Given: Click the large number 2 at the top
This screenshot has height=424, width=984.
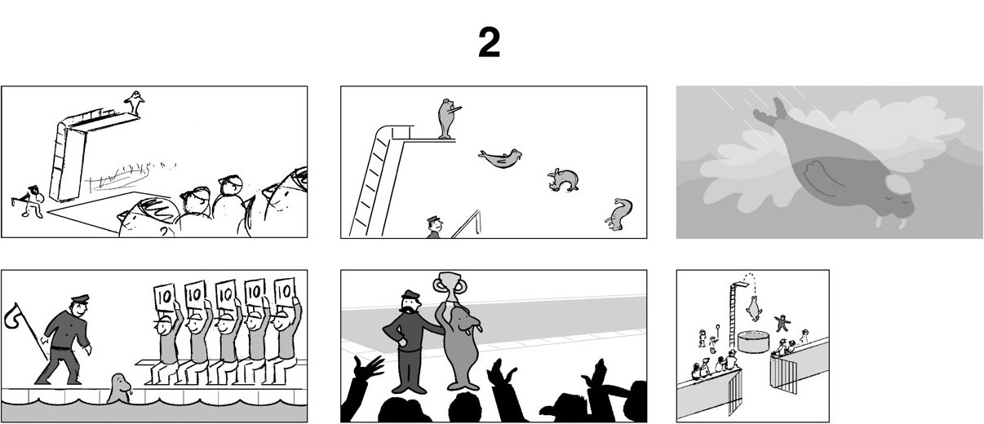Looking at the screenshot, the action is [x=490, y=42].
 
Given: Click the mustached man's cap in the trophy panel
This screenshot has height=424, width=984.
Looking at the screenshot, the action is [x=410, y=294].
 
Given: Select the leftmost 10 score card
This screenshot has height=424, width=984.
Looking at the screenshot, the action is [x=165, y=297].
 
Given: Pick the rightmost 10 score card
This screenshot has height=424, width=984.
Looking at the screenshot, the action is [x=284, y=291].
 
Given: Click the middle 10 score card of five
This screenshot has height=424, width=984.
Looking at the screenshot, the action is [x=225, y=294].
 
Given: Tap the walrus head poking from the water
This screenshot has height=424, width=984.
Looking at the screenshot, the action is [x=119, y=388].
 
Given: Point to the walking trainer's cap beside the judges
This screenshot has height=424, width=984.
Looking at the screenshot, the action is [x=80, y=299].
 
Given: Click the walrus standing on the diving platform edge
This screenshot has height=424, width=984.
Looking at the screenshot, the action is [x=447, y=118].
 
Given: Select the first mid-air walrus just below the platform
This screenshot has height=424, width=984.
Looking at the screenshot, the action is [x=501, y=158].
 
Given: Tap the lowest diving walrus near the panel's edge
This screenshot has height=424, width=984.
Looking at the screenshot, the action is [x=618, y=214].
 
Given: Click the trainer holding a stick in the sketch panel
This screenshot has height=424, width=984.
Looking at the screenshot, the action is [x=32, y=201].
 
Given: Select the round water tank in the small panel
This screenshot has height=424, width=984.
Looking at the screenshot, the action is [x=754, y=342].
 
